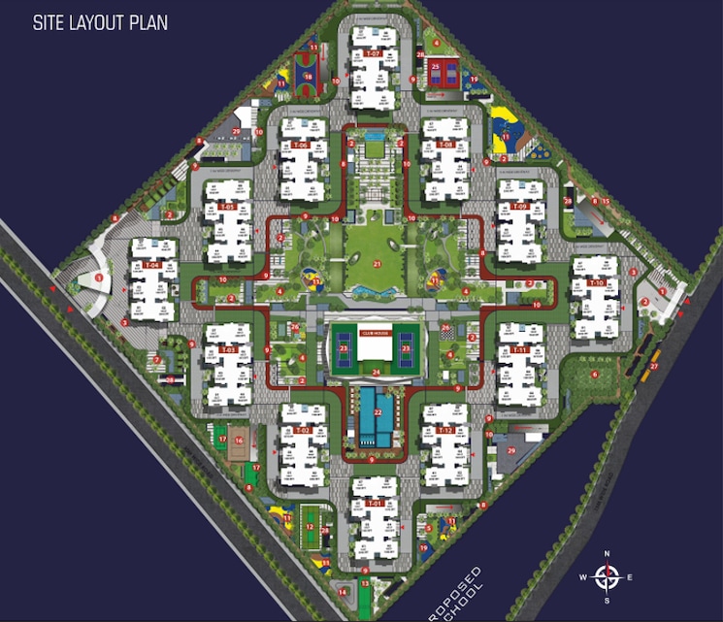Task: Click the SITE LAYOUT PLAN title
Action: (x=100, y=22)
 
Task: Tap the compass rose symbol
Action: (x=608, y=578)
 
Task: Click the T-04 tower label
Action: (x=151, y=264)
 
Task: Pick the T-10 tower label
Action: (x=595, y=282)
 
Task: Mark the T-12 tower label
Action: (x=445, y=429)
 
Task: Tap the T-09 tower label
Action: (x=519, y=208)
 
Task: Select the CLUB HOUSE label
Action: (x=374, y=332)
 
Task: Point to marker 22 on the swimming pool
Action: (x=378, y=412)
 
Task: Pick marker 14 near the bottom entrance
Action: (x=343, y=590)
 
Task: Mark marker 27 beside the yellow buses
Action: (x=654, y=366)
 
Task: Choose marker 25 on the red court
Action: (x=436, y=66)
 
